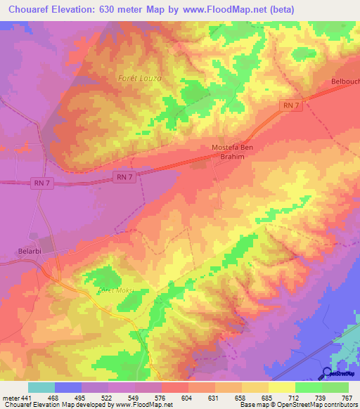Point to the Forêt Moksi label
pos(115,290)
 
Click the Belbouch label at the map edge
pos(345,82)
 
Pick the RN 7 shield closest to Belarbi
pos(42,183)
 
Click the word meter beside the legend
pos(9,398)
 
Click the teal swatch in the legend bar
pos(41,387)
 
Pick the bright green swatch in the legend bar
pos(308,387)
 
